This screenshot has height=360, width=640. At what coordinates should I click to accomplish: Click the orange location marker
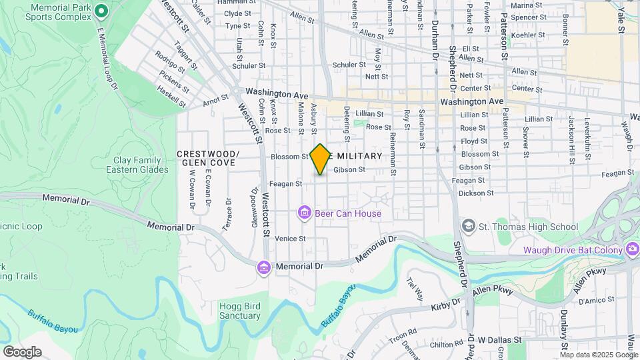(320, 159)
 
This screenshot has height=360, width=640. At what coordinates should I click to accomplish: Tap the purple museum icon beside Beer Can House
(304, 213)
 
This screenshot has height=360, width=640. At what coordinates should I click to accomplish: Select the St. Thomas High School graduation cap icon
(469, 227)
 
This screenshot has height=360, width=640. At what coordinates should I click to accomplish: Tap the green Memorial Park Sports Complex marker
(101, 10)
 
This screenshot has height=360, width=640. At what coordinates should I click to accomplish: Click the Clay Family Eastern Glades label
(133, 165)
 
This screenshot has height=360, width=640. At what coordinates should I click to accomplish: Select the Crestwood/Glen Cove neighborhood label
(208, 158)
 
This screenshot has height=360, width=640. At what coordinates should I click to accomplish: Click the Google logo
(22, 351)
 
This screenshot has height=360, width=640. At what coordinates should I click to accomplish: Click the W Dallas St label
(499, 340)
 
